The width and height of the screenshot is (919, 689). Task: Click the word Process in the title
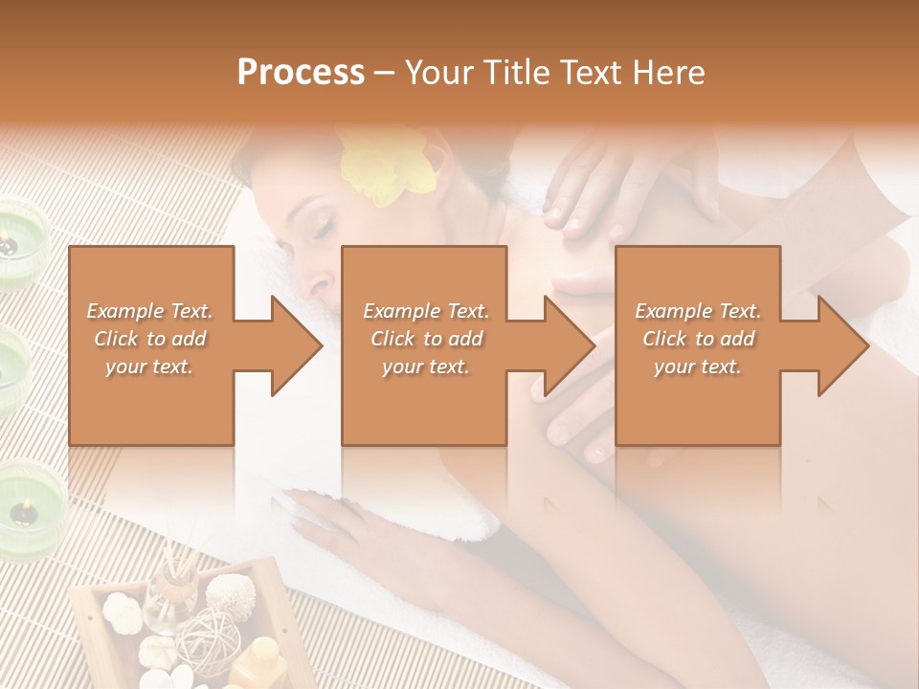(x=301, y=73)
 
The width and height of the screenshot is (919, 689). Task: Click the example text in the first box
(x=150, y=339)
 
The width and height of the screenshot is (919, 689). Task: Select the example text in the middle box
(x=426, y=339)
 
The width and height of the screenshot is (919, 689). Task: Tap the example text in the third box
(x=698, y=339)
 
